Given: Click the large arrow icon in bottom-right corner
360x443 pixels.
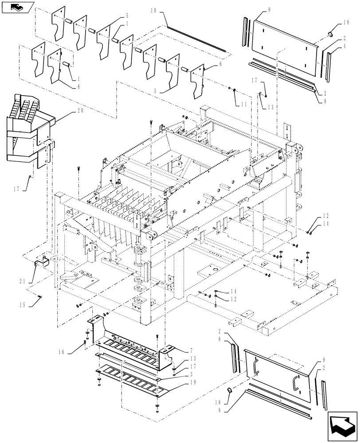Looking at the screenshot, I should (x=342, y=425).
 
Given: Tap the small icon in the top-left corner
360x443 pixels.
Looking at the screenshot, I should (x=17, y=7).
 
